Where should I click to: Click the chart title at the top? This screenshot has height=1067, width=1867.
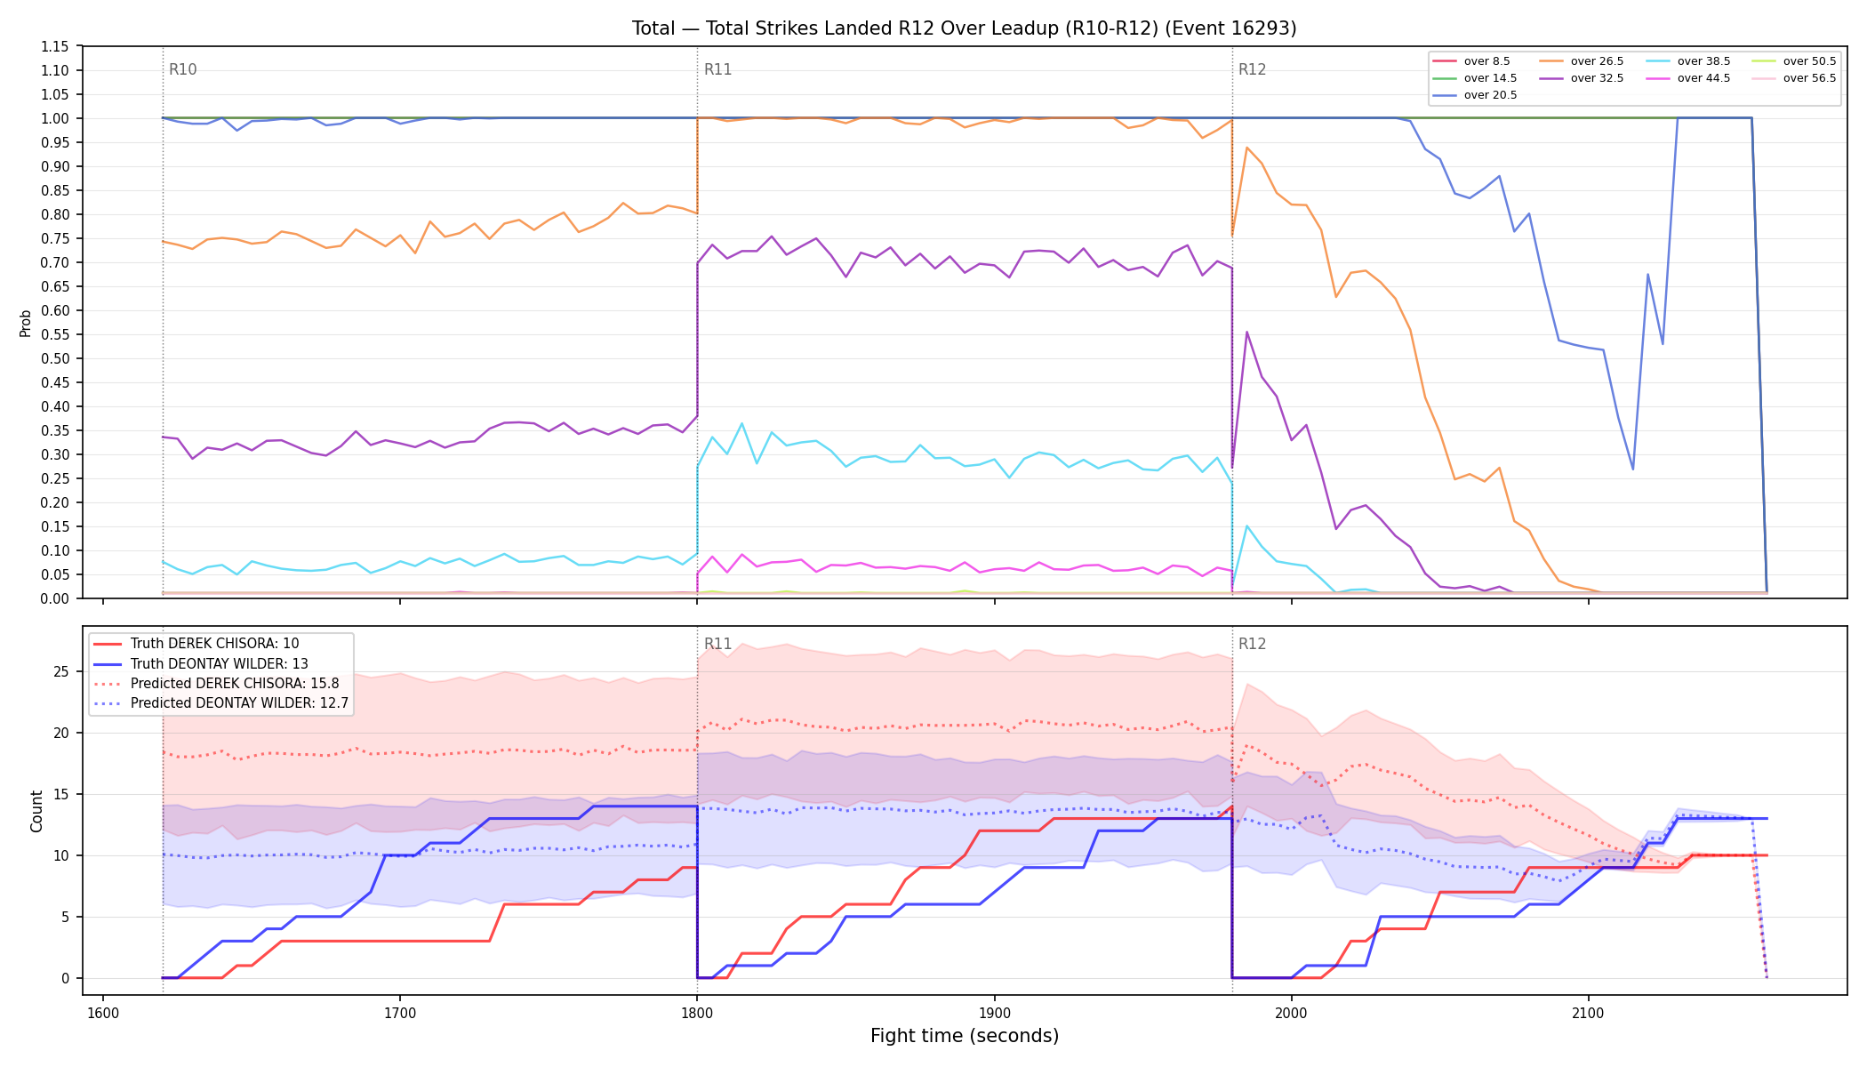(x=964, y=28)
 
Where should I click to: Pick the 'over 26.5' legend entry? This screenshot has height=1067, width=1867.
(x=1582, y=61)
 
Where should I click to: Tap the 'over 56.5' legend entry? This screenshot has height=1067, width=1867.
(x=1794, y=78)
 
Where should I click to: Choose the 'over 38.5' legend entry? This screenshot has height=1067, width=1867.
(x=1688, y=61)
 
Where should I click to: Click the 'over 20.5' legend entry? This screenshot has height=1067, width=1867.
(x=1475, y=95)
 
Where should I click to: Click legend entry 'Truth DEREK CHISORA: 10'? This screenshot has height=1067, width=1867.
(x=196, y=644)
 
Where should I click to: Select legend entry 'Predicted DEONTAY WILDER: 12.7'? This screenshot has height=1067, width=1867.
(x=221, y=702)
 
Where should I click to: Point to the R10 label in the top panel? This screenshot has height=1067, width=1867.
(x=183, y=69)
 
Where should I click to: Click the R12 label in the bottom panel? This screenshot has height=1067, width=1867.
(x=1252, y=644)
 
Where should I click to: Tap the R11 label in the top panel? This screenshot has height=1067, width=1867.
(x=717, y=69)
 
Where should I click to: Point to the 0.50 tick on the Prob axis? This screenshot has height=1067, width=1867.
(x=54, y=358)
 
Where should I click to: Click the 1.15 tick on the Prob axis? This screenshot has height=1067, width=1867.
(x=54, y=46)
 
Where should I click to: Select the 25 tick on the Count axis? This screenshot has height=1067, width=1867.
(x=61, y=671)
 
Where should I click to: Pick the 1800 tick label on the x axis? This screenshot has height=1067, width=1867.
(x=697, y=1013)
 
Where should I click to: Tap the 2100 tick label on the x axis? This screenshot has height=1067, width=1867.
(x=1588, y=1013)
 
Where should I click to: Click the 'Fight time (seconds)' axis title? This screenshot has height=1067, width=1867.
(x=965, y=1036)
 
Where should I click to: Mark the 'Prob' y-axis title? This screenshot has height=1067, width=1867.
(x=26, y=323)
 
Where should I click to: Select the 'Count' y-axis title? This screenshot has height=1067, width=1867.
(x=36, y=811)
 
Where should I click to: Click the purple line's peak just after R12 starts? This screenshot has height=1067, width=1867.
(x=1246, y=332)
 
